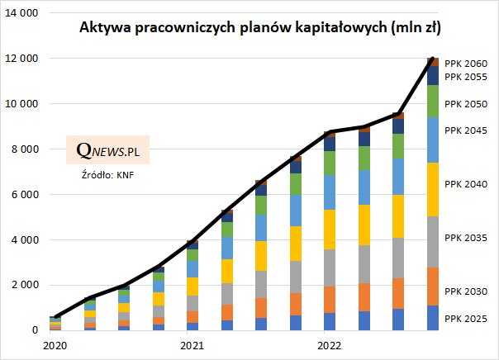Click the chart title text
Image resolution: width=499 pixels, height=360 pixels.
click(x=259, y=28)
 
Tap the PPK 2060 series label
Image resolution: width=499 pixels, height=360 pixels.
click(x=466, y=63)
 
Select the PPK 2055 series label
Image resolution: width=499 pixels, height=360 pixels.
click(x=466, y=77)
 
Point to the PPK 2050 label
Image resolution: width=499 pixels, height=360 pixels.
click(x=466, y=105)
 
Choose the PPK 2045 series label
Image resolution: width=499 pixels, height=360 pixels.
click(x=466, y=131)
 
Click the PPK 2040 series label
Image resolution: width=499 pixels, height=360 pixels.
click(x=466, y=184)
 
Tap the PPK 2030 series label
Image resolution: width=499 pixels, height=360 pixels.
click(x=466, y=291)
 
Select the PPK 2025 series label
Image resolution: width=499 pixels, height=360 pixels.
click(x=466, y=318)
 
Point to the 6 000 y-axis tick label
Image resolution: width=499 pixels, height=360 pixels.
click(x=25, y=195)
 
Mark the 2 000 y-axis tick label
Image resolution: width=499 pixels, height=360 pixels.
click(x=25, y=286)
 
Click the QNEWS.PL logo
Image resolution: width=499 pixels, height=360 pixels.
click(x=107, y=150)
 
